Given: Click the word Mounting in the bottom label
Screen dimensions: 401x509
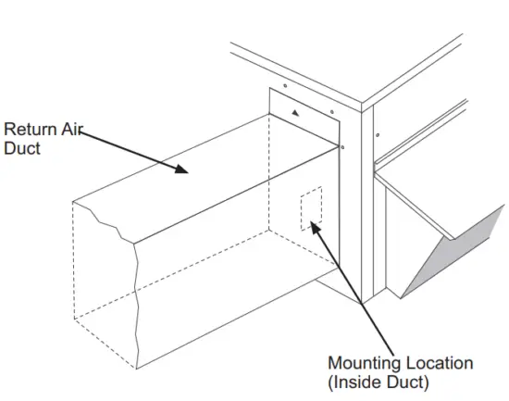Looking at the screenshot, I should pyautogui.click(x=364, y=362).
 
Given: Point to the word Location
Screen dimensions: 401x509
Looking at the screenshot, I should pyautogui.click(x=434, y=362).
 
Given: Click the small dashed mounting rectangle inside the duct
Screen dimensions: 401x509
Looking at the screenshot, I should pyautogui.click(x=311, y=210).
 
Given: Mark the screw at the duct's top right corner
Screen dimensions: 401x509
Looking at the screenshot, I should pyautogui.click(x=342, y=146).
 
